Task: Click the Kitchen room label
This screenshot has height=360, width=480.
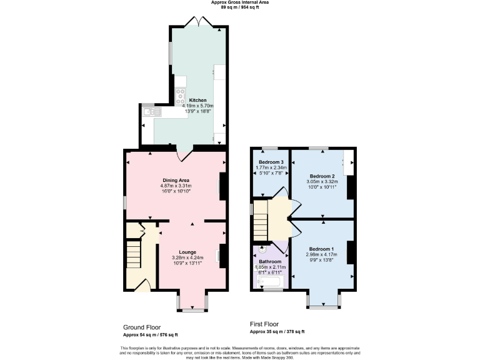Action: click(197, 100)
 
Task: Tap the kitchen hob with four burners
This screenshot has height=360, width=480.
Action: click(181, 96)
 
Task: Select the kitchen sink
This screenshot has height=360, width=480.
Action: click(151, 112)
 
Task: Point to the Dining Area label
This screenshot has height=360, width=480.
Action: click(176, 180)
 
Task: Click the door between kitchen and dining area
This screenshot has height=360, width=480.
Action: click(185, 154)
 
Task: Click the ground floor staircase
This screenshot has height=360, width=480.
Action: click(134, 256)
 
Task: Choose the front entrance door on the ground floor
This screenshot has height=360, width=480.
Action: click(143, 286)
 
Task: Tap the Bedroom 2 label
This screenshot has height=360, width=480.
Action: click(323, 176)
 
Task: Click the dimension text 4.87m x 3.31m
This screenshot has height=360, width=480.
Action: click(176, 186)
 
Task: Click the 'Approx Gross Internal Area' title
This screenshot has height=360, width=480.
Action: click(240, 3)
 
